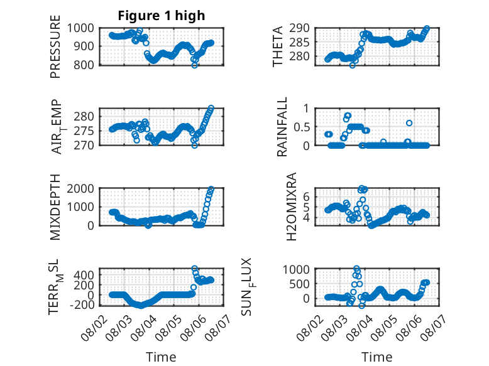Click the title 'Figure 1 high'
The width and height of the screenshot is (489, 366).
tap(162, 16)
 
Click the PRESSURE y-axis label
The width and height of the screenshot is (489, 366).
tap(55, 46)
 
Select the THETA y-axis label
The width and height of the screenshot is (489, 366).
tap(277, 46)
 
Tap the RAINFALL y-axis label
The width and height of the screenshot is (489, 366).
tap(282, 126)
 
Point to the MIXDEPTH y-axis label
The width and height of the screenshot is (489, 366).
tap(55, 207)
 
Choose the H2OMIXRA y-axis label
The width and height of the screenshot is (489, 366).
tap(291, 207)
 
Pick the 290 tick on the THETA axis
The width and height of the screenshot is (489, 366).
tap(300, 28)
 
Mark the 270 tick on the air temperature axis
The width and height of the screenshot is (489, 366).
tap(84, 145)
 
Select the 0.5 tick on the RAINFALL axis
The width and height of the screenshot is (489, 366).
tap(302, 127)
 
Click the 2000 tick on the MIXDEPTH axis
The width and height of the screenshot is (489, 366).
tap(80, 188)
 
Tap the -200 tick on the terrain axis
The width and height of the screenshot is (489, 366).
tap(82, 304)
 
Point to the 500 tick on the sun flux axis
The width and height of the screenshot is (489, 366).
tap(299, 284)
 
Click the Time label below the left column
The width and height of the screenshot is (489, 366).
tap(162, 357)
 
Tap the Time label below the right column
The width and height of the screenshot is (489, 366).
tap(377, 357)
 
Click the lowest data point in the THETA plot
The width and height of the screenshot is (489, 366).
tap(353, 65)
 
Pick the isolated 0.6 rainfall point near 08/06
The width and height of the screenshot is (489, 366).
tap(409, 123)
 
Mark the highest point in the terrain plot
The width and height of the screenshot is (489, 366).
tap(194, 268)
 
